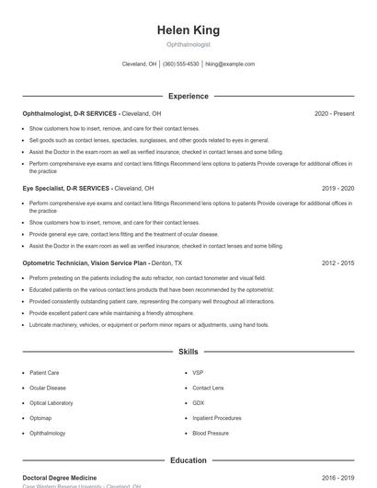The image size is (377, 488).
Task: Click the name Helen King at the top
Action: point(188,30)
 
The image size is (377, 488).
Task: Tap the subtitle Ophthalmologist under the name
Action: point(188,44)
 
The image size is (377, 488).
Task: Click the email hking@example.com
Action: point(230,64)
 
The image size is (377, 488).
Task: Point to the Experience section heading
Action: point(188,96)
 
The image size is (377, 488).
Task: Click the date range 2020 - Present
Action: point(334,113)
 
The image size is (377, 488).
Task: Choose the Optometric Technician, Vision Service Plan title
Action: point(85,262)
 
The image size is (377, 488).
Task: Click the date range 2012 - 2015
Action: point(338,262)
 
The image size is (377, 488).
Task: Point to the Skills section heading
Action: point(188,352)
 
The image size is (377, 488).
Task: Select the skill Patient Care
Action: point(44,373)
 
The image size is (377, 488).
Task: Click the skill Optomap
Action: point(40,418)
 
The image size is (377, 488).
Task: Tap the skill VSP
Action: point(198,373)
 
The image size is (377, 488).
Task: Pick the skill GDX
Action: point(199,402)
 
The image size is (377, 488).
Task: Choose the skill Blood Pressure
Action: point(211,433)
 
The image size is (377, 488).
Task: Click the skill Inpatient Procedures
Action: point(217,418)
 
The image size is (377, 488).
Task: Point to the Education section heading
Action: point(188,459)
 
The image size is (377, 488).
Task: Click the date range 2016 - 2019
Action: point(338,478)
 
